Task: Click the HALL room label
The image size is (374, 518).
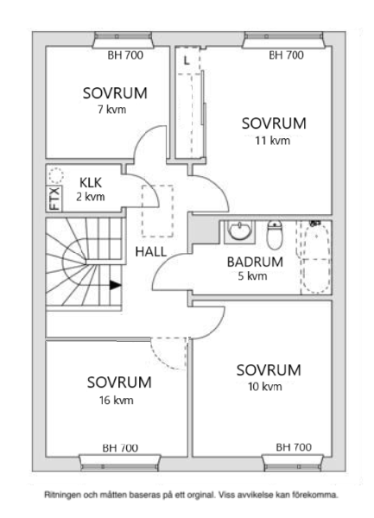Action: tap(150, 252)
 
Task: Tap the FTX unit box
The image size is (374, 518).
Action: tap(54, 199)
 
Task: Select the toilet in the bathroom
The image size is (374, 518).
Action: tap(275, 235)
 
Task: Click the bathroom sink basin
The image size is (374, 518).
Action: tap(239, 231)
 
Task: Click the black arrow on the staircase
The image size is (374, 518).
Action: tap(115, 285)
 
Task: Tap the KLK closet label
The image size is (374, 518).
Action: tap(91, 183)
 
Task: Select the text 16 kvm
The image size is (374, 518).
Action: tap(117, 401)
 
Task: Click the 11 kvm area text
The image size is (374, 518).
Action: tap(273, 141)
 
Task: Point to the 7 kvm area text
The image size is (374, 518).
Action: tap(111, 110)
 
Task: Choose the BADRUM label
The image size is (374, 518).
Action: tap(255, 262)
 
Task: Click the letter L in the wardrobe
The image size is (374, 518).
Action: tap(187, 60)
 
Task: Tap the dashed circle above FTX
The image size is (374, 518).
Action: tap(56, 175)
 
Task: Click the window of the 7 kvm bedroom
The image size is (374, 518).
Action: tap(124, 41)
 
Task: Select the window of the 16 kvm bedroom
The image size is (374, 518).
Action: tap(120, 463)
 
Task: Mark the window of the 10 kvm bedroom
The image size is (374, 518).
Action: tap(293, 463)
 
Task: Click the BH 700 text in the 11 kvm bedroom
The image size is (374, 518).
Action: tap(286, 55)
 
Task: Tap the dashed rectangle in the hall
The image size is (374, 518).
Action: tap(157, 211)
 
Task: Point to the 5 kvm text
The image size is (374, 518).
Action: tap(252, 276)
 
